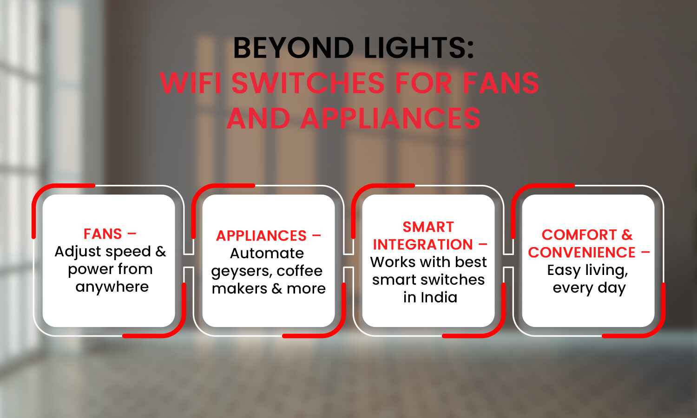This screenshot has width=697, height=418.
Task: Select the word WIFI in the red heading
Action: pyautogui.click(x=191, y=83)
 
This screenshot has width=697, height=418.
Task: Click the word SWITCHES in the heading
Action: pyautogui.click(x=308, y=83)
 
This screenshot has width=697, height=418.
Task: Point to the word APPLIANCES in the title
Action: pyautogui.click(x=390, y=118)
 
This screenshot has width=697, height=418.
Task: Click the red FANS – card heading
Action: pyautogui.click(x=110, y=234)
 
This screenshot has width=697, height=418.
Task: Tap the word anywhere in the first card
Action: pyautogui.click(x=112, y=287)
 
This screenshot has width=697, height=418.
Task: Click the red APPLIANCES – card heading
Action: pyautogui.click(x=268, y=235)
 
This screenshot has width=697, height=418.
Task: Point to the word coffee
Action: pyautogui.click(x=300, y=271)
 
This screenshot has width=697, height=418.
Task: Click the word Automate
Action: pyautogui.click(x=267, y=253)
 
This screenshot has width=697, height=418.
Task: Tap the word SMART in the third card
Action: pyautogui.click(x=428, y=227)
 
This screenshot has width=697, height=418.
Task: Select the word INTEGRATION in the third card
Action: pyautogui.click(x=422, y=244)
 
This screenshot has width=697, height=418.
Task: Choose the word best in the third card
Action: pyautogui.click(x=471, y=262)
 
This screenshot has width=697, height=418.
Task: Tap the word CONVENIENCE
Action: pyautogui.click(x=582, y=252)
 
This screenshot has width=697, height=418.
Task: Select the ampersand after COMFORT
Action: pyautogui.click(x=627, y=235)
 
